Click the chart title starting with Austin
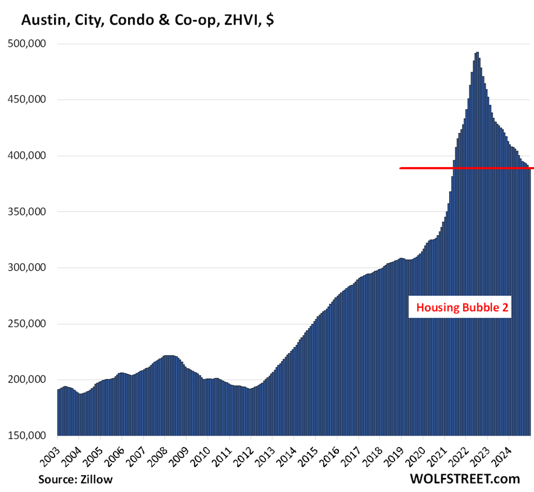click(147, 21)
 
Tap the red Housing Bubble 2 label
click(460, 308)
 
